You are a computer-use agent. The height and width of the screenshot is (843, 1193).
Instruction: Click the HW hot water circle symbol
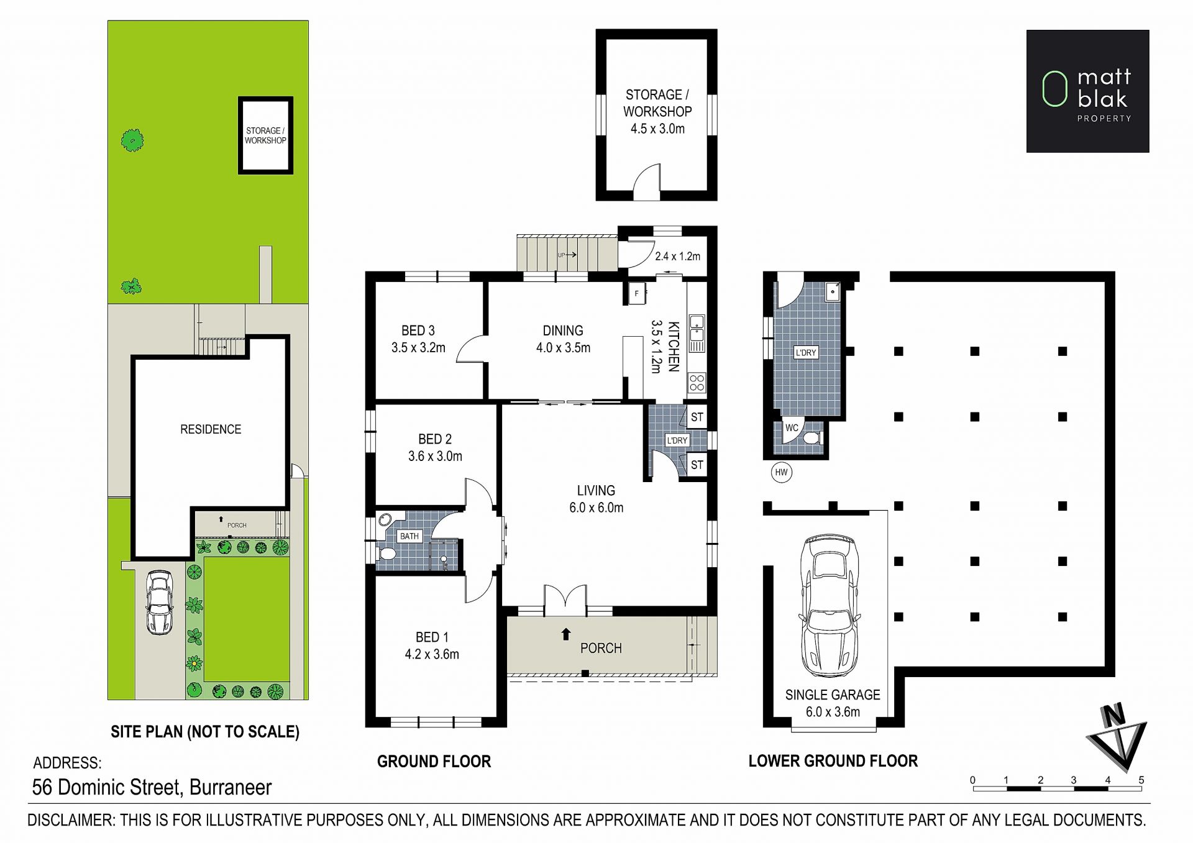click(x=781, y=472)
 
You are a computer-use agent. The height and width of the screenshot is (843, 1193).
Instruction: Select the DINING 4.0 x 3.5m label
click(x=563, y=339)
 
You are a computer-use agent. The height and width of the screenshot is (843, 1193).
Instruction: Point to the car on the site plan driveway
click(x=159, y=602)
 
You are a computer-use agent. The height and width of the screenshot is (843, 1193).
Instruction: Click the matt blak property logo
click(x=1087, y=91)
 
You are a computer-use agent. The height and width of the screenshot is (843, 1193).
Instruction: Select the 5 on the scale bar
click(x=1141, y=780)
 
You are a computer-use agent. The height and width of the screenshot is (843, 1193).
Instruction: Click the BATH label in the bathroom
click(x=409, y=536)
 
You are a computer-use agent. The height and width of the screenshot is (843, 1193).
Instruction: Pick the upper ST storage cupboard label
click(x=697, y=417)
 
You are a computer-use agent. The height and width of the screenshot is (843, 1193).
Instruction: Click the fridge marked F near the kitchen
click(x=637, y=293)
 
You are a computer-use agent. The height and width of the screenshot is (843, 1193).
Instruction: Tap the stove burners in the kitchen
click(x=697, y=382)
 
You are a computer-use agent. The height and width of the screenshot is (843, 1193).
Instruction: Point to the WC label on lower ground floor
click(x=792, y=427)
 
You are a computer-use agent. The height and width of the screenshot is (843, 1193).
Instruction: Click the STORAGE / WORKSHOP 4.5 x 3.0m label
click(x=657, y=112)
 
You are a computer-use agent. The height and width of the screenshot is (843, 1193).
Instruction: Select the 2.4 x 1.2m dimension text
click(x=677, y=256)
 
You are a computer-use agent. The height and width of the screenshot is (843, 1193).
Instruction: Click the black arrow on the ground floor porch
click(x=566, y=634)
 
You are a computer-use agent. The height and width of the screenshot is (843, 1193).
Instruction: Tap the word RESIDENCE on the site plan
click(x=211, y=429)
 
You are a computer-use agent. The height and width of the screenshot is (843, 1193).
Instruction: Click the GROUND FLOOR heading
click(x=434, y=761)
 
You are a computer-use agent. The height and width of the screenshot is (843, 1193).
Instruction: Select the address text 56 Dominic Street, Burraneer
click(x=152, y=788)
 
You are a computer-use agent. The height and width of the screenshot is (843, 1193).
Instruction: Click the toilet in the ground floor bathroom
click(x=388, y=554)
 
